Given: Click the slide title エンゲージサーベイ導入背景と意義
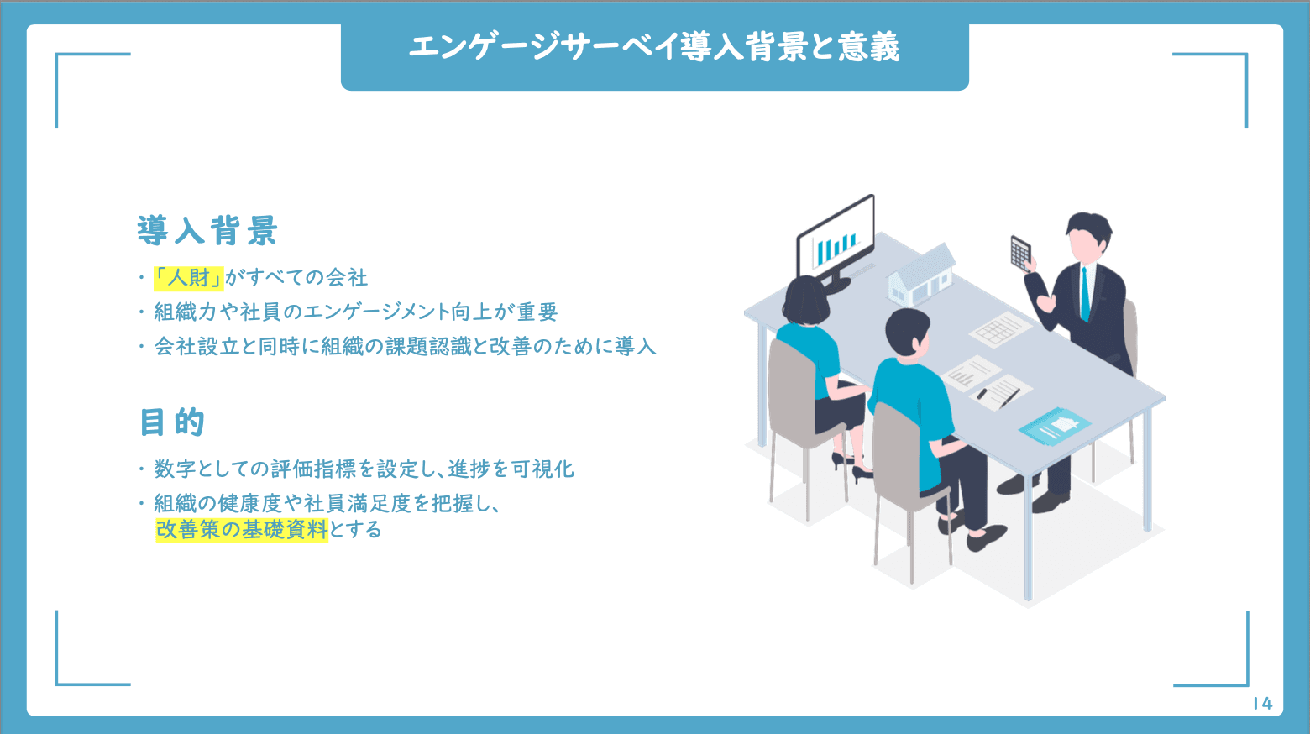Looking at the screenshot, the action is pyautogui.click(x=654, y=47).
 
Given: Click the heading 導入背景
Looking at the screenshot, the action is pyautogui.click(x=207, y=230).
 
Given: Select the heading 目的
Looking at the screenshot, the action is pyautogui.click(x=172, y=422).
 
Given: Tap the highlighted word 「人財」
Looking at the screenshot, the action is pyautogui.click(x=188, y=278).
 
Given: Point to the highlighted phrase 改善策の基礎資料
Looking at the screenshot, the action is pyautogui.click(x=242, y=530).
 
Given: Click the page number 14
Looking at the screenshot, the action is pyautogui.click(x=1263, y=703).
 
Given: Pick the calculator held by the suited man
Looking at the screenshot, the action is pyautogui.click(x=1020, y=254).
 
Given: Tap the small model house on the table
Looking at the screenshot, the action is pyautogui.click(x=922, y=275).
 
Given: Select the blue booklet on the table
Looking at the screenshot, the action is pyautogui.click(x=1055, y=427).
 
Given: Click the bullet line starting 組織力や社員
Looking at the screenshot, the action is pyautogui.click(x=355, y=312).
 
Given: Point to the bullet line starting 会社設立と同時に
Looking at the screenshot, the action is pyautogui.click(x=405, y=347).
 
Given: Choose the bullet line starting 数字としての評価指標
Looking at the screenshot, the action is pyautogui.click(x=364, y=469).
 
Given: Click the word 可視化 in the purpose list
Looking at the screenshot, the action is pyautogui.click(x=542, y=469).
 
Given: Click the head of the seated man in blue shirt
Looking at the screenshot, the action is pyautogui.click(x=907, y=334).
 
